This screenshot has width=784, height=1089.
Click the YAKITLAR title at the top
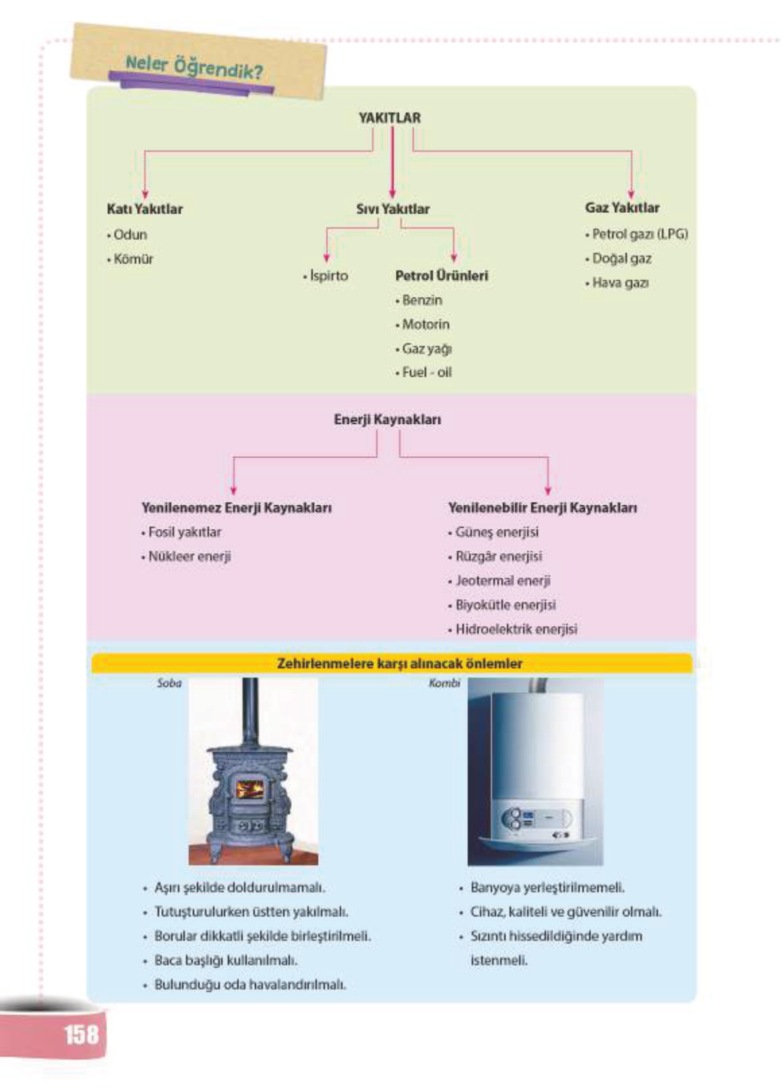pos(390,118)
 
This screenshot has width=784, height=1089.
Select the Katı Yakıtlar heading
pos(144,209)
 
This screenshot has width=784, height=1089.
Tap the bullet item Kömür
pos(133,259)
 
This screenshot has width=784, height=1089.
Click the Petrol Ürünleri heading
pos(442,276)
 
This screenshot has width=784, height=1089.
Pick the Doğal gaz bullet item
pos(621,259)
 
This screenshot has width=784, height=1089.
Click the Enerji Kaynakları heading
pos(388,419)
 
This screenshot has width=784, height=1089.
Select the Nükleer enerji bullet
pos(189,557)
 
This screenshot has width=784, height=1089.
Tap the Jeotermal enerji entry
pos(502,581)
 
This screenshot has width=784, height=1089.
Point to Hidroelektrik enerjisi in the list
pos(516,629)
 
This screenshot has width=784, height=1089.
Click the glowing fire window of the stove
pos(249,789)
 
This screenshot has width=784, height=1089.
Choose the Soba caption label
pos(169,683)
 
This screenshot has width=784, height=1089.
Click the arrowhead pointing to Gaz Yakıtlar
pos(631,194)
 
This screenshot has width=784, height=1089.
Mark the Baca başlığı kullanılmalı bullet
pos(225,960)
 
